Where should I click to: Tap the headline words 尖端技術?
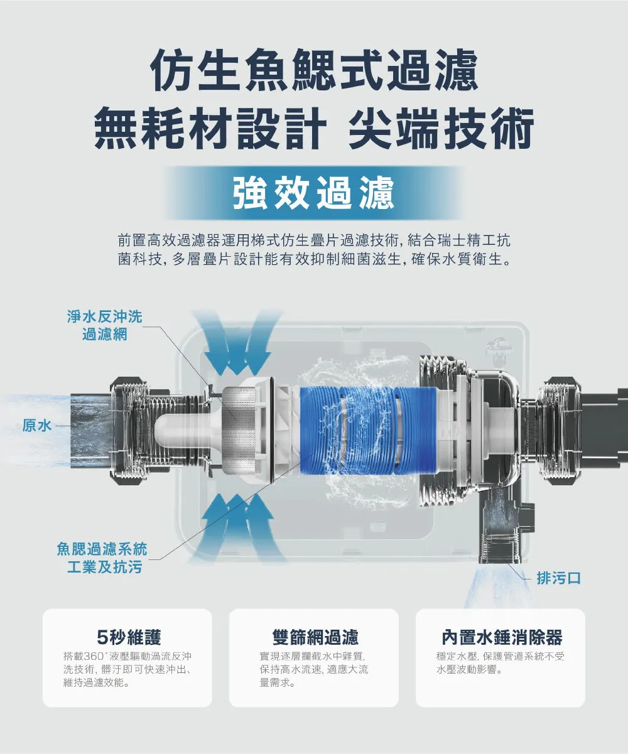(441, 129)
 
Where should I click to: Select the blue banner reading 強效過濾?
(313, 193)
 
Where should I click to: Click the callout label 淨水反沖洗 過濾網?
(105, 326)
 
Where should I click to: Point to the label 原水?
(37, 426)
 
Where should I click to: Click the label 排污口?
(559, 578)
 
